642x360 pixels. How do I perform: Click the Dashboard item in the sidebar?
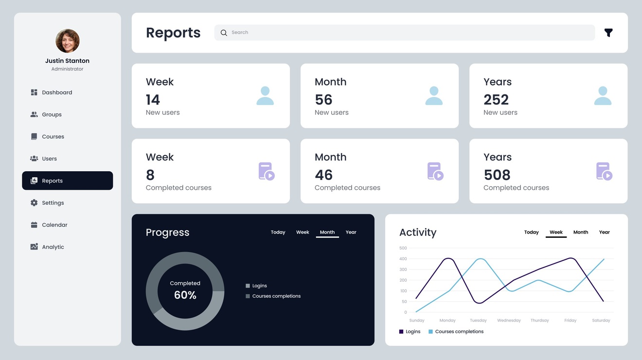(56, 92)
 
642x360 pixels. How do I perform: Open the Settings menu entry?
(53, 203)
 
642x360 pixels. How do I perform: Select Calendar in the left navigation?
(54, 225)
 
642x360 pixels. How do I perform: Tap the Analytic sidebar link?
(53, 247)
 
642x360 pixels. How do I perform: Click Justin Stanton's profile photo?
(68, 41)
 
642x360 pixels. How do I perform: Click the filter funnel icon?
(608, 33)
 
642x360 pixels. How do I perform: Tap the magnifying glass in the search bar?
(224, 33)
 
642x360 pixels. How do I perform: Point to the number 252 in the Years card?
(496, 100)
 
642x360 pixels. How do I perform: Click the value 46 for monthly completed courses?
(323, 175)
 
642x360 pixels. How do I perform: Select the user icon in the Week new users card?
(265, 96)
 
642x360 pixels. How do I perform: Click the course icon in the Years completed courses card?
(604, 171)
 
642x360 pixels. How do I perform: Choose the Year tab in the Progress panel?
(351, 233)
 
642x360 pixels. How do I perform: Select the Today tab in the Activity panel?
(531, 233)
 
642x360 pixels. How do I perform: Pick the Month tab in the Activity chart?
(580, 233)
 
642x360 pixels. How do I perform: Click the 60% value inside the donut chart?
(185, 295)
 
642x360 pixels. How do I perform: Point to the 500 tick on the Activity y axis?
(403, 248)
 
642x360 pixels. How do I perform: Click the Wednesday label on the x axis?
(509, 321)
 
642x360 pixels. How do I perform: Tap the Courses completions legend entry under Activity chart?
(459, 332)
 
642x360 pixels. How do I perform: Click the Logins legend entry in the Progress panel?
(259, 286)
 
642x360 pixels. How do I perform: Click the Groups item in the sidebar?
(52, 115)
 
